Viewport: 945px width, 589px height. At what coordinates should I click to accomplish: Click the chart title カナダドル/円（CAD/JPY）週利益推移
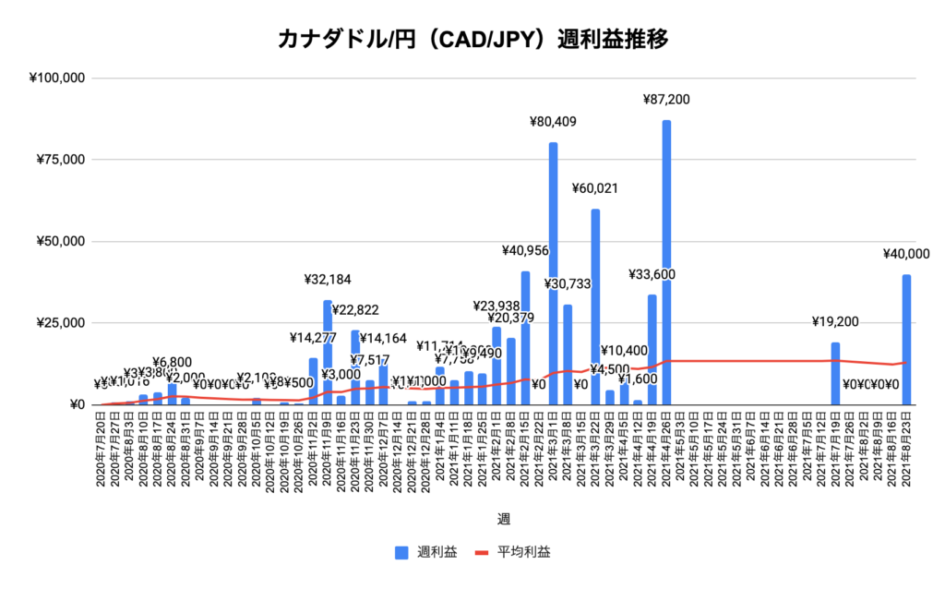tap(472, 40)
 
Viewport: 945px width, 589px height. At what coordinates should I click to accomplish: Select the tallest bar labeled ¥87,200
tap(665, 263)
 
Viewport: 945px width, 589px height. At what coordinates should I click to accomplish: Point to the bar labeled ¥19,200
tap(835, 373)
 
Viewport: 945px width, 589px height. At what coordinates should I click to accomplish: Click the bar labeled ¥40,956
tap(525, 338)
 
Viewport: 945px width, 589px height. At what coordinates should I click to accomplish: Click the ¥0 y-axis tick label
tap(75, 404)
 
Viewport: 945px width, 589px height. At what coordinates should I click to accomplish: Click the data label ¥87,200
tap(666, 100)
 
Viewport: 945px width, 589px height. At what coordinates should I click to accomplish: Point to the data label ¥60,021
tap(595, 188)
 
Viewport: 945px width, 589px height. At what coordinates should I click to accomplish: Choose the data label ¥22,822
tap(355, 310)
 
